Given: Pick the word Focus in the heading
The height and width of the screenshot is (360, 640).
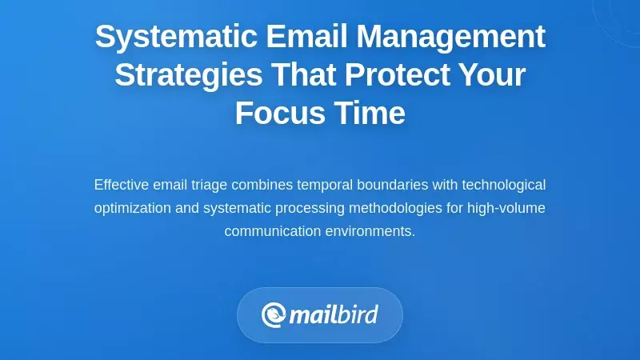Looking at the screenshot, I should click(x=276, y=114).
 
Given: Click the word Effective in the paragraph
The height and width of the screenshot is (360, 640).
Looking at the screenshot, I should click(x=121, y=185).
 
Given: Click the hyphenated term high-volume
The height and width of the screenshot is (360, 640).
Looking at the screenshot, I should click(x=506, y=208).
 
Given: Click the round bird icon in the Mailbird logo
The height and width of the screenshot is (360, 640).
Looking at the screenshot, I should click(x=274, y=315).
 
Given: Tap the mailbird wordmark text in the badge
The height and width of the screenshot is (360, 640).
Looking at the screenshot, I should click(x=333, y=314).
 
